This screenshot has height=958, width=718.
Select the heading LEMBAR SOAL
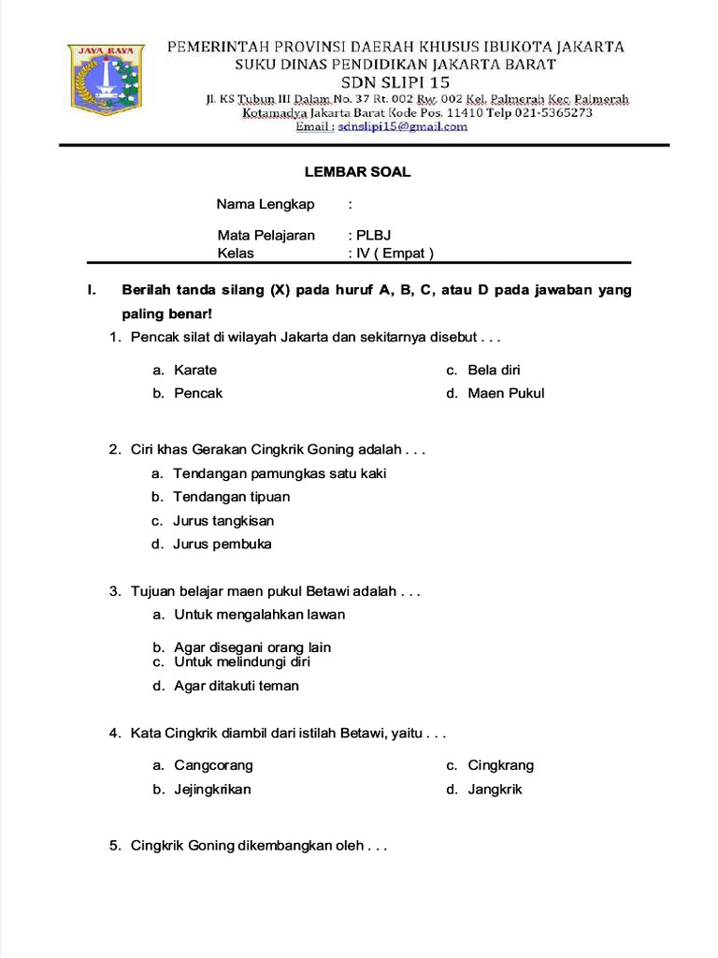tap(358, 172)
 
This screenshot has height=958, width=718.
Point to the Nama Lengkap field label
tap(266, 204)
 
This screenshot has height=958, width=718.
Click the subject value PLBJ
tap(373, 235)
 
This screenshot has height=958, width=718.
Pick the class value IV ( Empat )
tap(395, 253)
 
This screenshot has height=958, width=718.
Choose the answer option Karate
tap(195, 370)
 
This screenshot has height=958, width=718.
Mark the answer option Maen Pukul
tap(506, 393)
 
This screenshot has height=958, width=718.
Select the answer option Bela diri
tap(495, 370)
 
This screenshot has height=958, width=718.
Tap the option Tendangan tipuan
tap(232, 497)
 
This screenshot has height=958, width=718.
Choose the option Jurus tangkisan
tap(223, 520)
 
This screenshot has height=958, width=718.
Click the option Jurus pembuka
tap(223, 544)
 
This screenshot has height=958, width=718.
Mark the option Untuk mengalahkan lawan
tap(259, 615)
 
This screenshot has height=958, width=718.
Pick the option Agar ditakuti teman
tap(237, 686)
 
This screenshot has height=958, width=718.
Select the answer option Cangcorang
tap(213, 765)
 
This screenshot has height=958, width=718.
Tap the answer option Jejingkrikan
tap(212, 789)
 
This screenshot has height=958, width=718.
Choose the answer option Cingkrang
tap(501, 765)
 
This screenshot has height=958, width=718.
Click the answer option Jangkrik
tap(495, 789)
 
